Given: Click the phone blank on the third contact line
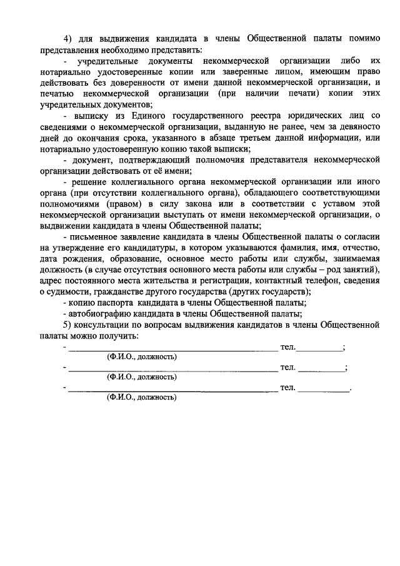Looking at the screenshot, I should (x=324, y=388).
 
